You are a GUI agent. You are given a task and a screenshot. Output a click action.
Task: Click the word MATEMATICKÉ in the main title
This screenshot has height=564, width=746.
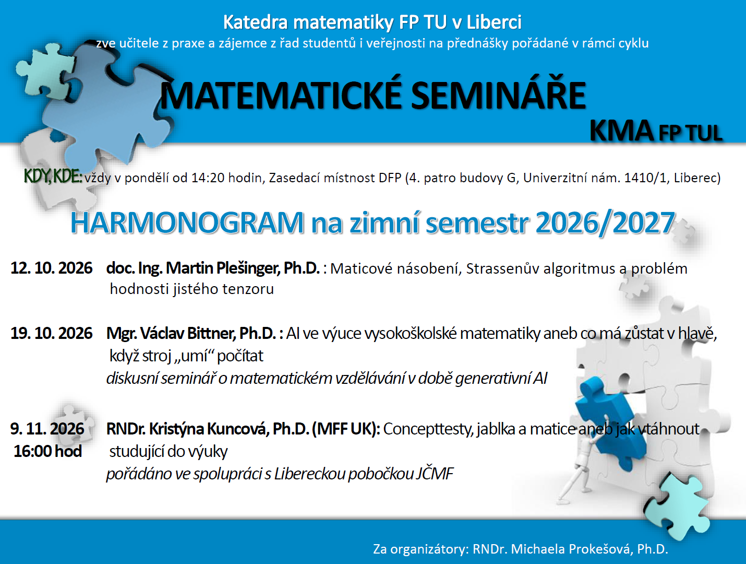281,96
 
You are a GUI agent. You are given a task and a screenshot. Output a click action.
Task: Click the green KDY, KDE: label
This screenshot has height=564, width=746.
53,177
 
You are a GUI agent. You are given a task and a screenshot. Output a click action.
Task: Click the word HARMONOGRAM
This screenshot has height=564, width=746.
187,223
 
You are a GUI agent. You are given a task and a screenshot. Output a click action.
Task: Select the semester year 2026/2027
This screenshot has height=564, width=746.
605,223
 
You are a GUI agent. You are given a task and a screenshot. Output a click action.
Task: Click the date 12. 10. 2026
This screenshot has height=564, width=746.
51,268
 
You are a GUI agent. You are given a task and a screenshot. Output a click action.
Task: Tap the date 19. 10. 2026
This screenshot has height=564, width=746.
51,333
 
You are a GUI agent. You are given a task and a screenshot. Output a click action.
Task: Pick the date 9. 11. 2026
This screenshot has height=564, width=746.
47,429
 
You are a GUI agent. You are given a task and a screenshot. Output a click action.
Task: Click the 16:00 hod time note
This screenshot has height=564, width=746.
48,451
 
